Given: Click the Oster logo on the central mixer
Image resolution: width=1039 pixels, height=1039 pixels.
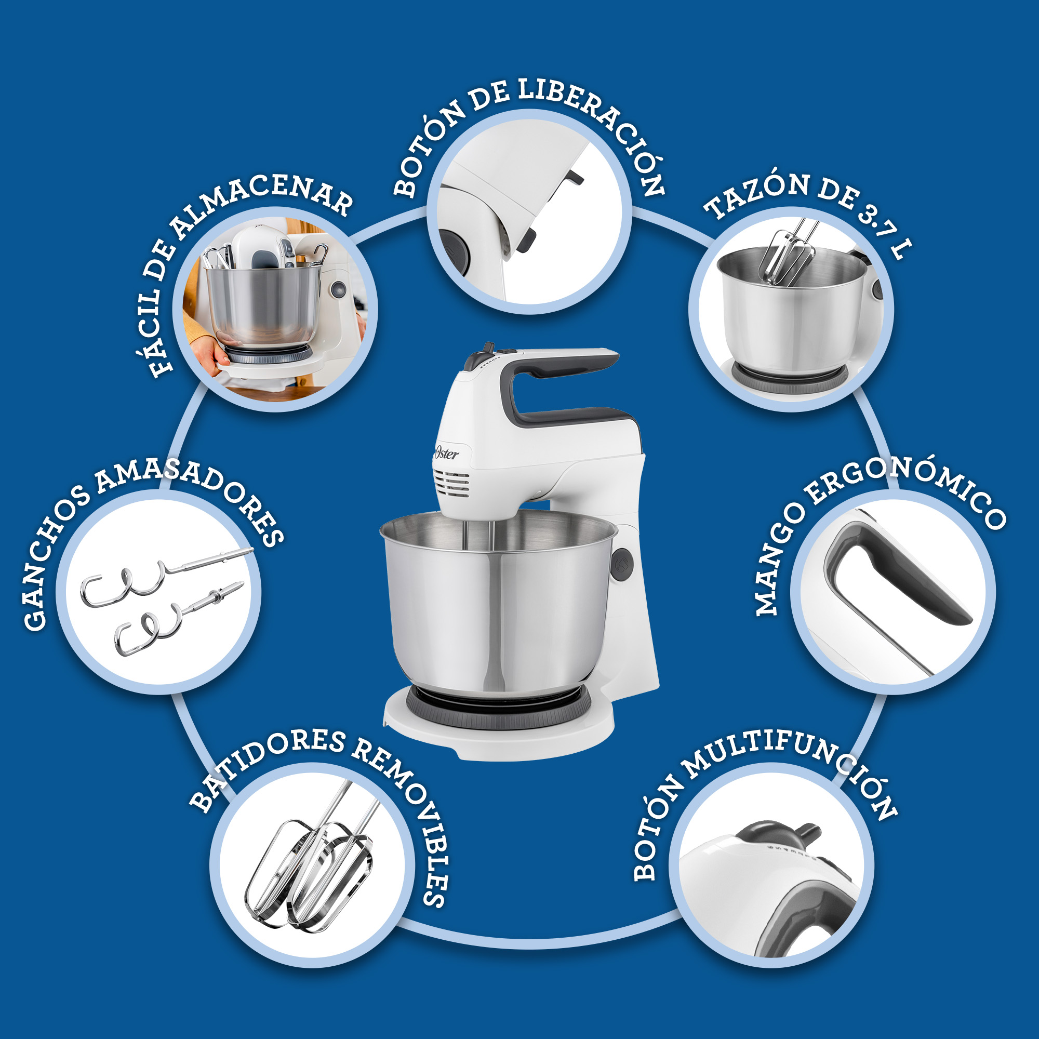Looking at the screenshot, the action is (446, 453).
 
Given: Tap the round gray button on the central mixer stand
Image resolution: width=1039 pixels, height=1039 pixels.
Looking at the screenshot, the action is (623, 564).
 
